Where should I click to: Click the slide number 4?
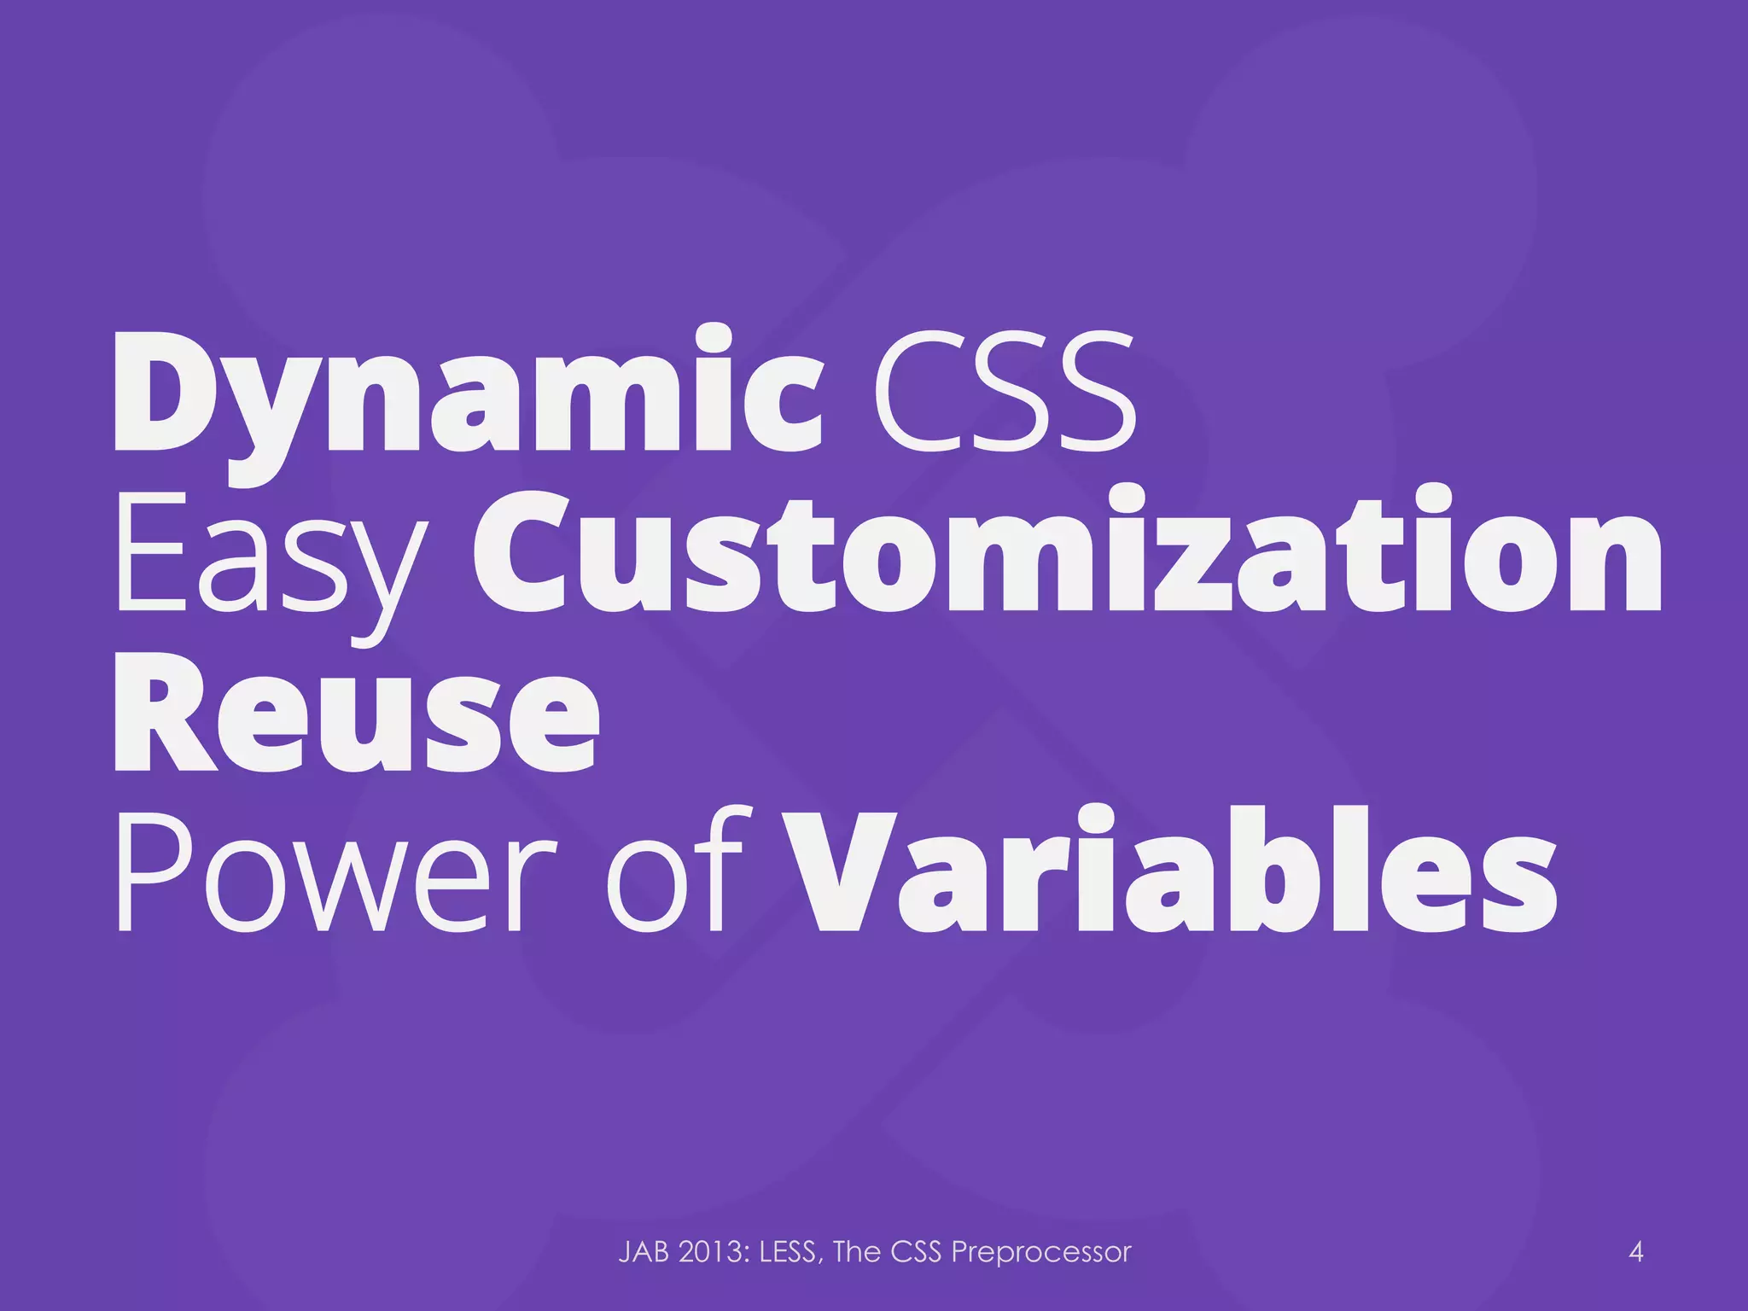click(x=1636, y=1252)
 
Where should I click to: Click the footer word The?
click(x=857, y=1252)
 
